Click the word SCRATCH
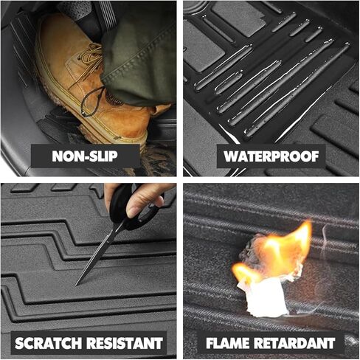pos(47,343)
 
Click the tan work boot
pos(81,81)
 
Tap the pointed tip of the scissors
pos(77,284)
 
